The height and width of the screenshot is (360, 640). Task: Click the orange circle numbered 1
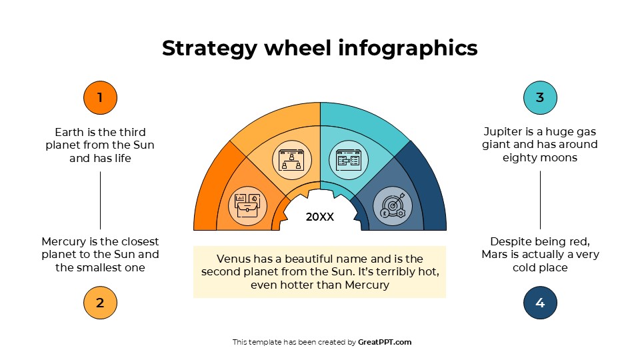point(100,98)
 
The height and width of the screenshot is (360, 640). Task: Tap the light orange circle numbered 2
point(100,303)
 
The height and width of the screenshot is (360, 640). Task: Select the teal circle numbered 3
point(540,98)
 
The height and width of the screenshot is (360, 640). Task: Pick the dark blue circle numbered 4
point(540,303)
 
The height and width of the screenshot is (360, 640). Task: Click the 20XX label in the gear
point(320,217)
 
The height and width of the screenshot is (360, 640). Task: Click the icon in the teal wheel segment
point(349,160)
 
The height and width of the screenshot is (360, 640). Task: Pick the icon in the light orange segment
point(292,160)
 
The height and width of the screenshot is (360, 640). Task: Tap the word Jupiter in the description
point(505,132)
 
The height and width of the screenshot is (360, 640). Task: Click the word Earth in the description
point(69,132)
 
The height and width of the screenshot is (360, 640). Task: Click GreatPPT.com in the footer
point(385,342)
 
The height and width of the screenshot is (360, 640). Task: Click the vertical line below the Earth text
point(100,200)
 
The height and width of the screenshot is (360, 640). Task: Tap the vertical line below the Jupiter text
point(540,200)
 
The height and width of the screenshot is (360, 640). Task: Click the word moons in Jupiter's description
point(559,158)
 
